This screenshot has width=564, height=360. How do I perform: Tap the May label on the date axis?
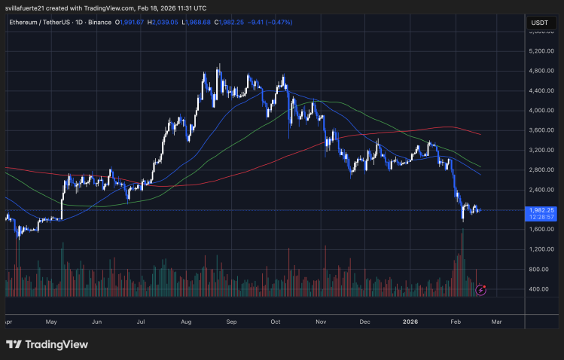[x=51, y=322]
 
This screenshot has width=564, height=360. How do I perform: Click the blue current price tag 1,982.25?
[x=541, y=210]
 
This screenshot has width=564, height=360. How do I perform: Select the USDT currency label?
[x=539, y=23]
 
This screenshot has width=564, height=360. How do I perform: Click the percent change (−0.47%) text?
[x=278, y=23]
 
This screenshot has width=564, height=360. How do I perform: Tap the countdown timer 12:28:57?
[x=541, y=218]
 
